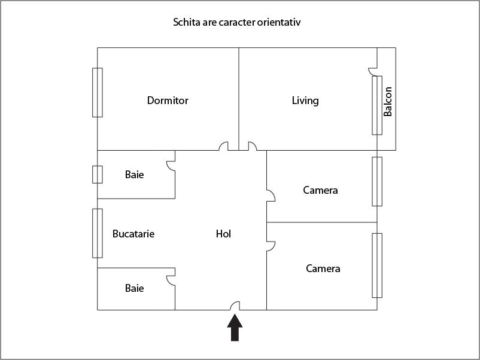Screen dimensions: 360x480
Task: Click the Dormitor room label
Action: [168, 100]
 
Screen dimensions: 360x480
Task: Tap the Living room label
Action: [305, 100]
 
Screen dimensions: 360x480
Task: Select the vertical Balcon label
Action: [388, 102]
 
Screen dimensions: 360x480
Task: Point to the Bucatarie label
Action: [133, 234]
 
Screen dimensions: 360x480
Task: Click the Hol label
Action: [223, 234]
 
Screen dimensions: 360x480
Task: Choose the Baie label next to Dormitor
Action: [134, 175]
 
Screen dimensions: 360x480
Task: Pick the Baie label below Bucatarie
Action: [134, 288]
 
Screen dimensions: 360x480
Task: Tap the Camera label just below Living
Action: [320, 190]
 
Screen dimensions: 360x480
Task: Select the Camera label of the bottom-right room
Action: [323, 269]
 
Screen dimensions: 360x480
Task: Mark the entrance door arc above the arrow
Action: [235, 306]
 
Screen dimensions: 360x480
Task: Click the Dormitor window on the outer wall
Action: [98, 92]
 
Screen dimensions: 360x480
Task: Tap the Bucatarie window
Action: [98, 233]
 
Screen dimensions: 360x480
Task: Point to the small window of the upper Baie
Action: [98, 174]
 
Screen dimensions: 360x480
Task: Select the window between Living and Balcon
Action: [377, 105]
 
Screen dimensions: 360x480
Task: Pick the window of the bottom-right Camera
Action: [377, 265]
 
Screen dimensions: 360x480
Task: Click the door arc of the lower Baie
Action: [171, 279]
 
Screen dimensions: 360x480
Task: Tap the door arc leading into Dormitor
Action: [224, 146]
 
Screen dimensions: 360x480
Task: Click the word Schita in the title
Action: [186, 23]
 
